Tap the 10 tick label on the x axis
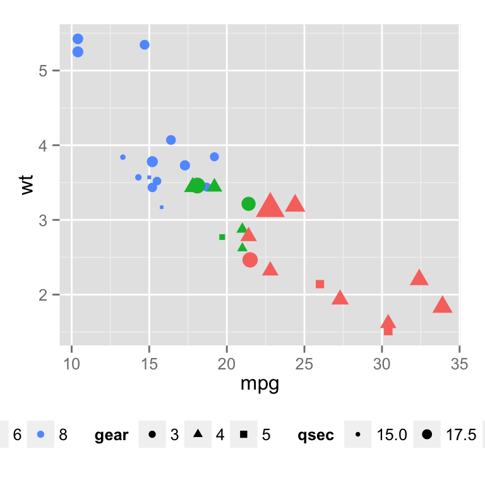(x=72, y=366)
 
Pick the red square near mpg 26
(x=320, y=284)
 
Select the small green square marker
(x=222, y=237)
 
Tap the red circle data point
(x=250, y=260)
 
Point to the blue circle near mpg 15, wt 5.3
(x=145, y=45)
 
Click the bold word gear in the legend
(x=112, y=435)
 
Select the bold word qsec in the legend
(x=316, y=435)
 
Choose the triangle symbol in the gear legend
(x=198, y=434)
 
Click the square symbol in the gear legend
(x=244, y=434)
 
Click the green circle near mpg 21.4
(x=248, y=204)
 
